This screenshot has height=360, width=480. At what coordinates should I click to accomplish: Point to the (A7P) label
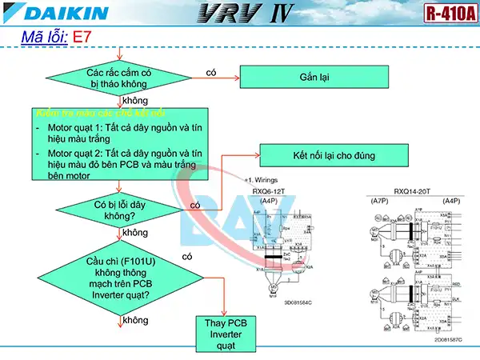click(380, 200)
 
